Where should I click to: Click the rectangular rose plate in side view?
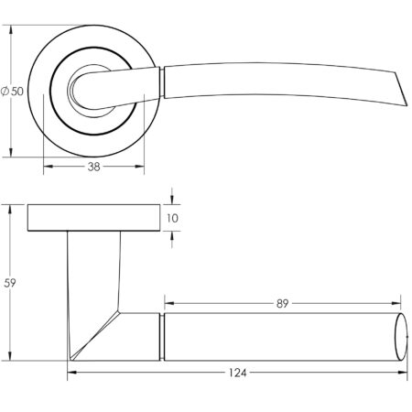pyautogui.click(x=92, y=218)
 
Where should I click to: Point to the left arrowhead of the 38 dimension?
pyautogui.click(x=47, y=168)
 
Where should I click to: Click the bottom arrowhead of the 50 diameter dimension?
pyautogui.click(x=12, y=153)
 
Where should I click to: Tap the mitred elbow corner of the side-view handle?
pyautogui.click(x=117, y=316)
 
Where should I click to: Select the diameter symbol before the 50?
pyautogui.click(x=6, y=92)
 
